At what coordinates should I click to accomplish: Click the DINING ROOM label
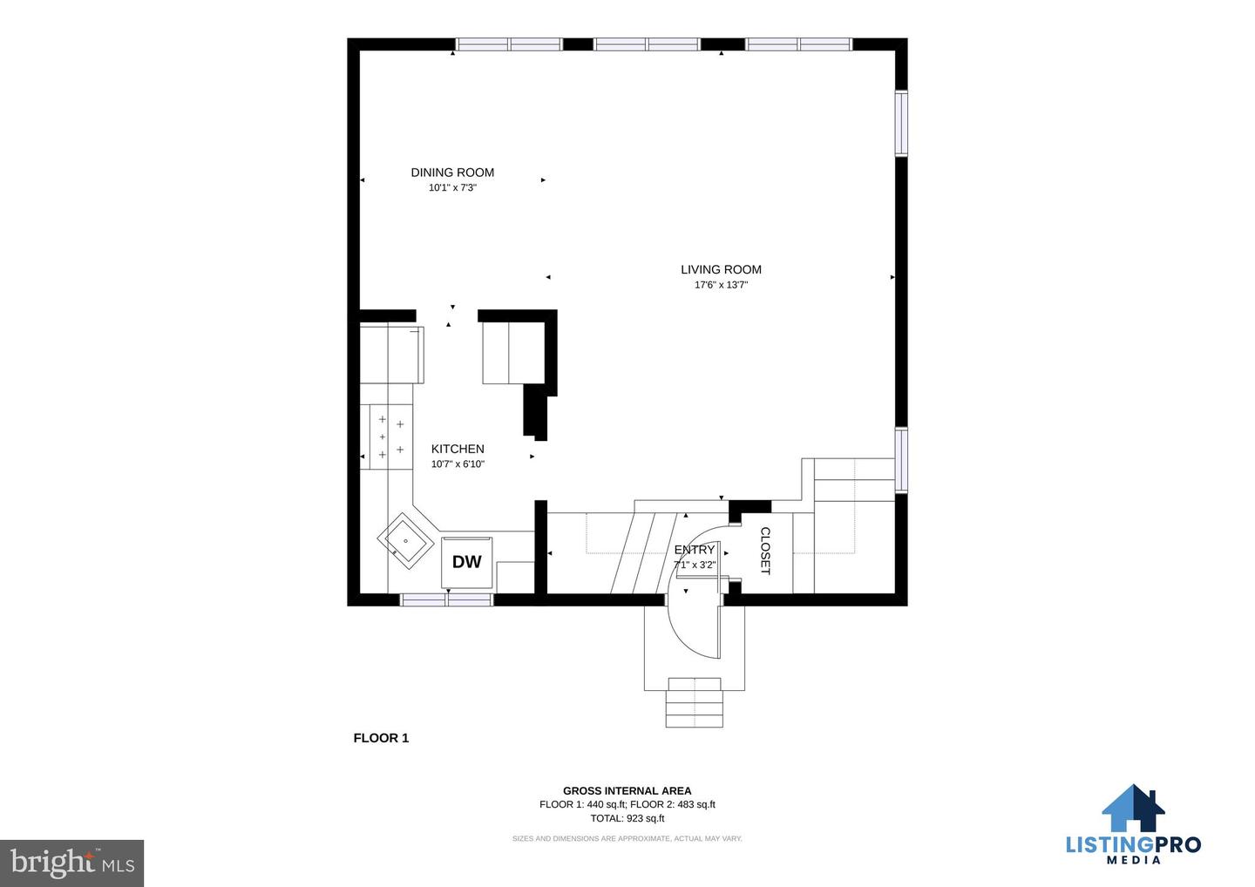tap(452, 173)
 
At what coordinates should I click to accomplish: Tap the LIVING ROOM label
tap(721, 269)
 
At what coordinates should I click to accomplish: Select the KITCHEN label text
tap(458, 449)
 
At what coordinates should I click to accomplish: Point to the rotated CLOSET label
tap(765, 551)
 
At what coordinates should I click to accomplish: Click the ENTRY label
tap(694, 549)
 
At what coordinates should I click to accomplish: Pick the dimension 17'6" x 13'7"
tap(721, 284)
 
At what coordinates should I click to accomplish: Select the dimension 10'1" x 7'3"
tap(452, 187)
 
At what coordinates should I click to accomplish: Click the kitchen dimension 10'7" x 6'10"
tap(458, 464)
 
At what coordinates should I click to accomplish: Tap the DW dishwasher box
tap(467, 562)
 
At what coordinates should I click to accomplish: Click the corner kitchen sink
tap(405, 541)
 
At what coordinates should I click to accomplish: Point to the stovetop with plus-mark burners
tap(390, 437)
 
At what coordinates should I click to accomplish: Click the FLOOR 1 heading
tap(381, 738)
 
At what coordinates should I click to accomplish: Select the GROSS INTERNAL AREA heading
tap(627, 790)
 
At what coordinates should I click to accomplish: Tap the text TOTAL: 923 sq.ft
tap(627, 818)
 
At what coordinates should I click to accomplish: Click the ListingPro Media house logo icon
tap(1133, 808)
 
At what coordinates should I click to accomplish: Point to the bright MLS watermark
tap(71, 863)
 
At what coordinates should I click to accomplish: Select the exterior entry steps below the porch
tap(694, 703)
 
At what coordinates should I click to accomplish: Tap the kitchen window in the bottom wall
tap(446, 599)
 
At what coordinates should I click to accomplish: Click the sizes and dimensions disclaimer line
tap(627, 839)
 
